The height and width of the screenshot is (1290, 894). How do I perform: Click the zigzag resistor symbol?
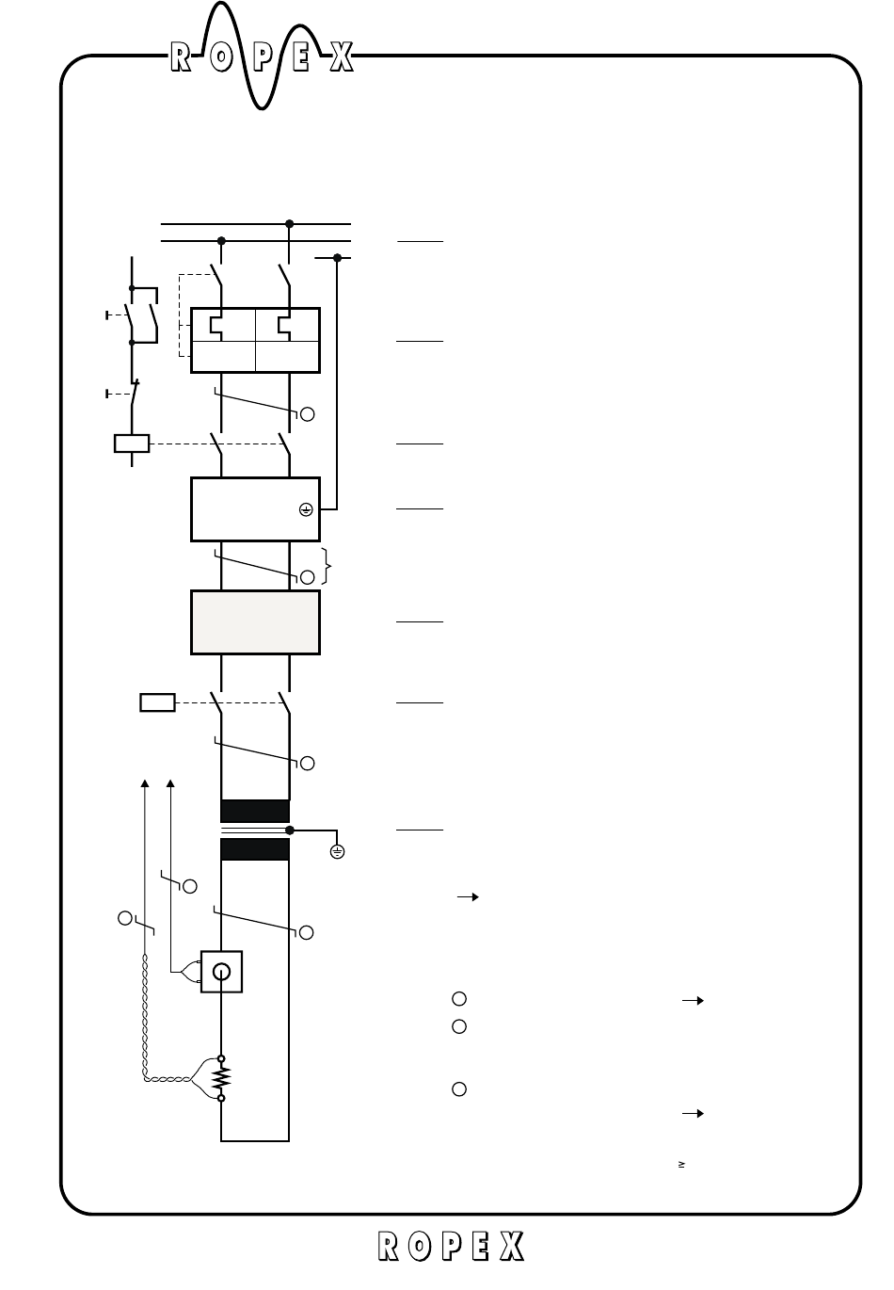(221, 1077)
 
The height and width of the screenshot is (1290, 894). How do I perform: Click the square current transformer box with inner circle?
(221, 972)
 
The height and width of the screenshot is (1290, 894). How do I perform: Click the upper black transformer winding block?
(254, 811)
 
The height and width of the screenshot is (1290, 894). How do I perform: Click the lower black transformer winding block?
(254, 849)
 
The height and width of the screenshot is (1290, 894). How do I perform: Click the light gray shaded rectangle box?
(255, 621)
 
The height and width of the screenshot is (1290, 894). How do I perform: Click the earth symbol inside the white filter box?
(306, 509)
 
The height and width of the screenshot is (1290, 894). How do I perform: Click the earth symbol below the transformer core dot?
(337, 852)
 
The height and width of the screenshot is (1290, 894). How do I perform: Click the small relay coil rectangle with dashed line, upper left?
(131, 443)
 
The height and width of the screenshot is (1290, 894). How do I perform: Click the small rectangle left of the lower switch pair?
(157, 701)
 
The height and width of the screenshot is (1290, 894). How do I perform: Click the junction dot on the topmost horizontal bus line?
(289, 224)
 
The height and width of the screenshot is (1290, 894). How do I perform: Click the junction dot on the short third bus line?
(337, 257)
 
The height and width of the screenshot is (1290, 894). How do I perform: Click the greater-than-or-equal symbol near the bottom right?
(679, 1165)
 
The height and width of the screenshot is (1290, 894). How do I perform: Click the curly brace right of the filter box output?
(327, 565)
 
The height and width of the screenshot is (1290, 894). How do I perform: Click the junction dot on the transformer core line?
(289, 830)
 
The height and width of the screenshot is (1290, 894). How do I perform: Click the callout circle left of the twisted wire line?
(124, 917)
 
